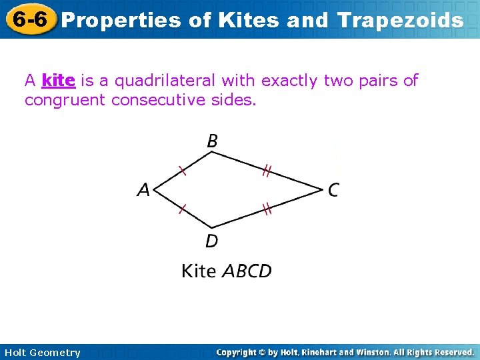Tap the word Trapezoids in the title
tap(400, 21)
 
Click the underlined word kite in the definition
tap(58, 81)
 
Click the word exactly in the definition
tap(290, 81)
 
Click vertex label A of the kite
tap(143, 191)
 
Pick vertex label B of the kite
tap(212, 141)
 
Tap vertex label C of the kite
tap(333, 191)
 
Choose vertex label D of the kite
tap(211, 241)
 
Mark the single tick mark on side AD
tap(182, 210)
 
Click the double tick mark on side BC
tap(266, 172)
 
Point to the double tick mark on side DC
tap(266, 210)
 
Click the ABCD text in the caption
tap(247, 271)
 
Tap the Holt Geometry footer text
tap(42, 353)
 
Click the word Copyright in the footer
tap(238, 352)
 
